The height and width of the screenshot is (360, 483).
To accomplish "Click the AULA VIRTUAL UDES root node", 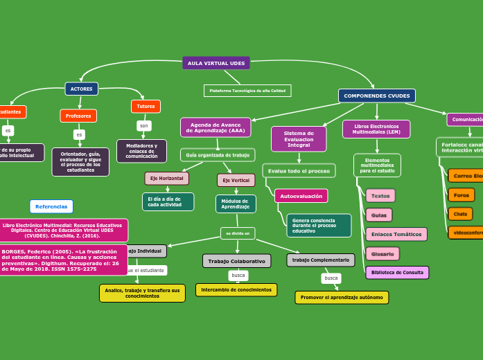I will point(216,63).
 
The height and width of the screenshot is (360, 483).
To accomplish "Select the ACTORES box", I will point(82,89).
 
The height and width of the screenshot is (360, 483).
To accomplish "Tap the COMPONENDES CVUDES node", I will point(377,96).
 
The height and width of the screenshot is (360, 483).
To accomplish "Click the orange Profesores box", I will point(78,116).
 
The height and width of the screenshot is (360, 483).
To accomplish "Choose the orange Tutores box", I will point(146,106).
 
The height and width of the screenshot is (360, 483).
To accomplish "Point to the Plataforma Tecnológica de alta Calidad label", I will point(247,91).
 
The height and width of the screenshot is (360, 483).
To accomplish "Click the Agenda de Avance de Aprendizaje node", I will point(216,127).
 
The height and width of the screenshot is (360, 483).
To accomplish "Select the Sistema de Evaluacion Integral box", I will point(299,138).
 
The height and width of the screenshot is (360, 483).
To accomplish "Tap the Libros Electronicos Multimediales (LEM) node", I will point(376,129).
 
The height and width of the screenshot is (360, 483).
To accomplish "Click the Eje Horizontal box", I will point(166,178).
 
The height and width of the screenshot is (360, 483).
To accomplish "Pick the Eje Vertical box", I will point(236,180).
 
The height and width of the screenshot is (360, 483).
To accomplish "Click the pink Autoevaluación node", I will point(301,196).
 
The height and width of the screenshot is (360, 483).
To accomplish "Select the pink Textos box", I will point(380,196).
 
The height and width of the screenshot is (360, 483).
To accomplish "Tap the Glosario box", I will point(382,254).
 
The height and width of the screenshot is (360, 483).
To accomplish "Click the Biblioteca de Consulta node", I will point(397,272).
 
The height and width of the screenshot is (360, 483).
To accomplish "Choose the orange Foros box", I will point(461,195).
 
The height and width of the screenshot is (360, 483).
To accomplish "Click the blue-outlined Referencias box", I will point(51,206).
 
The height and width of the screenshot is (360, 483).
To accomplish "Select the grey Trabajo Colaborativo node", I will point(236,260).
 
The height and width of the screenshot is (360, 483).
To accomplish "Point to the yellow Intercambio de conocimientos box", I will point(236,289).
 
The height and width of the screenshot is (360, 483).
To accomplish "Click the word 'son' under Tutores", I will point(144,126).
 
